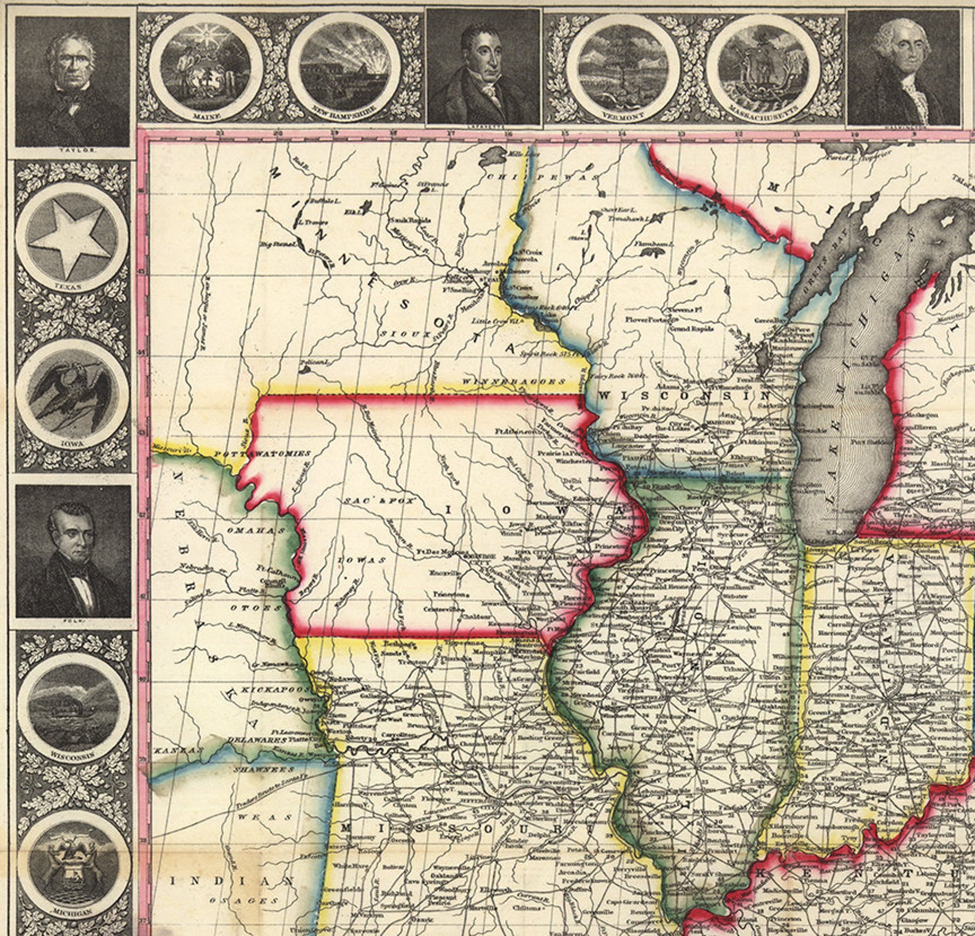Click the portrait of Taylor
(72, 80)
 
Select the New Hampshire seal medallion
(346, 66)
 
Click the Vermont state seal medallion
(624, 66)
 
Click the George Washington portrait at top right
(903, 68)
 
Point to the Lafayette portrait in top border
(483, 68)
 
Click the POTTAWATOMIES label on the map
(263, 453)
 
